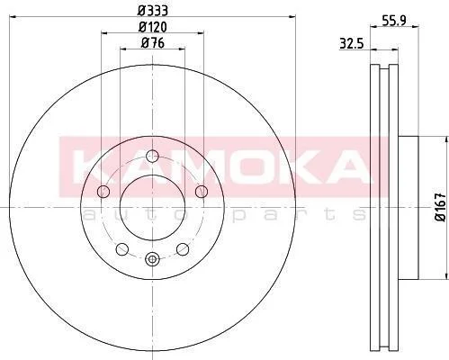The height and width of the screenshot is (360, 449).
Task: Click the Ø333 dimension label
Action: pyautogui.click(x=153, y=11)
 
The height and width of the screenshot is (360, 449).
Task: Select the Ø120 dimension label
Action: pyautogui.click(x=153, y=27)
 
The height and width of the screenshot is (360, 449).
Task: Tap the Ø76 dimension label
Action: pyautogui.click(x=153, y=43)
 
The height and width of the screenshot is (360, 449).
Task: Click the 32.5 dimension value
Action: pyautogui.click(x=352, y=44)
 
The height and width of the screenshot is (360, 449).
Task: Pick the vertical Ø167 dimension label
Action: pyautogui.click(x=441, y=208)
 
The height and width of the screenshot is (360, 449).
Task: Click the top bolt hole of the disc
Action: pyautogui.click(x=153, y=156)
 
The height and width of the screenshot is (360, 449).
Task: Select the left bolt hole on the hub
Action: pyautogui.click(x=103, y=192)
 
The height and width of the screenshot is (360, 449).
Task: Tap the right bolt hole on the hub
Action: pyautogui.click(x=202, y=192)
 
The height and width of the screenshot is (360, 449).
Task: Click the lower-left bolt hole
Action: pyautogui.click(x=122, y=249)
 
